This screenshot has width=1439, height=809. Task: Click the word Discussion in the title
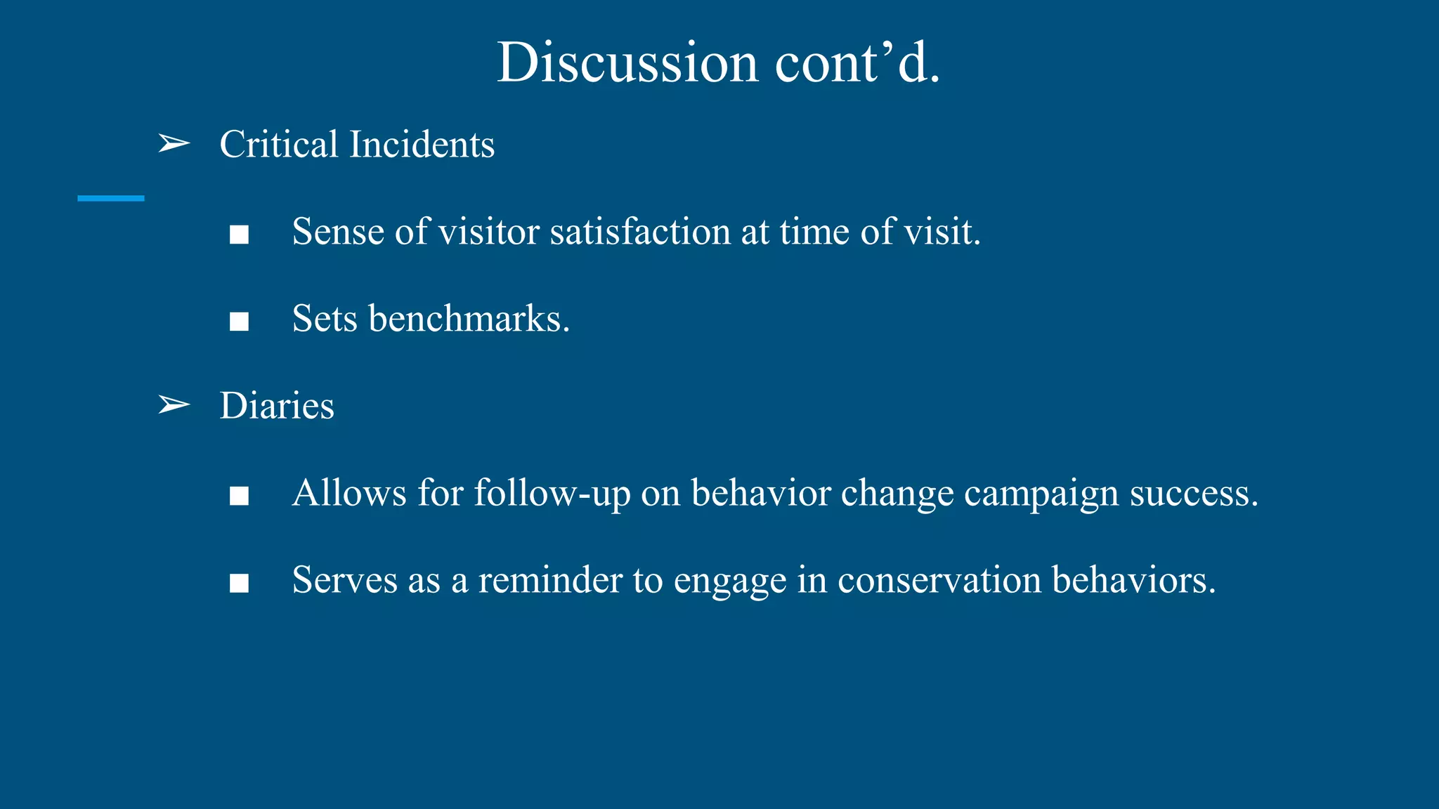pos(627,63)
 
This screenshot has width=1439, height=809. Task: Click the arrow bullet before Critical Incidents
pos(174,144)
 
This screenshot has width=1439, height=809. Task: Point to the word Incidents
pos(422,144)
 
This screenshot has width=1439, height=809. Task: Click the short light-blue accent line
pos(111,199)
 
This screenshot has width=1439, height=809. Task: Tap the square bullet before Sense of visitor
pos(239,235)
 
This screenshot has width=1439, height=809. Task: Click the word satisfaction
pos(639,232)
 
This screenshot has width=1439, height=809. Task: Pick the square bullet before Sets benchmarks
pos(239,322)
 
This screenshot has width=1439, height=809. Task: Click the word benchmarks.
pos(469,319)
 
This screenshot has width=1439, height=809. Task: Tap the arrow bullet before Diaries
pos(174,405)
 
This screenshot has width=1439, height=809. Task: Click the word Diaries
pos(277,406)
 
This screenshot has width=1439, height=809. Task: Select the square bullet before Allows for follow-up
pos(239,496)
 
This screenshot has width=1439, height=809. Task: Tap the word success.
pos(1194,493)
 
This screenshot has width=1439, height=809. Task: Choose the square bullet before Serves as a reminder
pos(239,583)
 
